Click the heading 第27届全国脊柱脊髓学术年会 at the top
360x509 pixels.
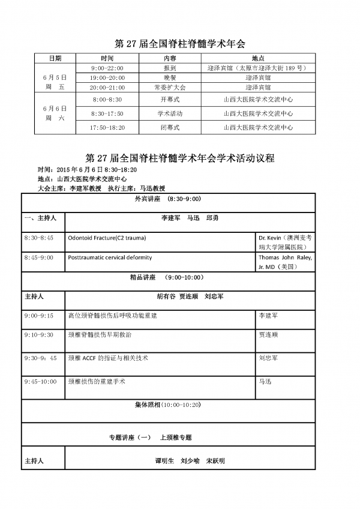180,44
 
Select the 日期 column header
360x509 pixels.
55,58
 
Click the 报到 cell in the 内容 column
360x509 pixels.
170,68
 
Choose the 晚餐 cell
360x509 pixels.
170,78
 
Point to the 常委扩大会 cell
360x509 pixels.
170,88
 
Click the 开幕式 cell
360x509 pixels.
170,99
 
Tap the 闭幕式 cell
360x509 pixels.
170,127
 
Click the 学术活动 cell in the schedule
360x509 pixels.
170,113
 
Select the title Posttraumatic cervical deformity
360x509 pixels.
110,258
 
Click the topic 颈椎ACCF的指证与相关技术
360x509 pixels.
109,358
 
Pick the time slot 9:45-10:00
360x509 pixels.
41,381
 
